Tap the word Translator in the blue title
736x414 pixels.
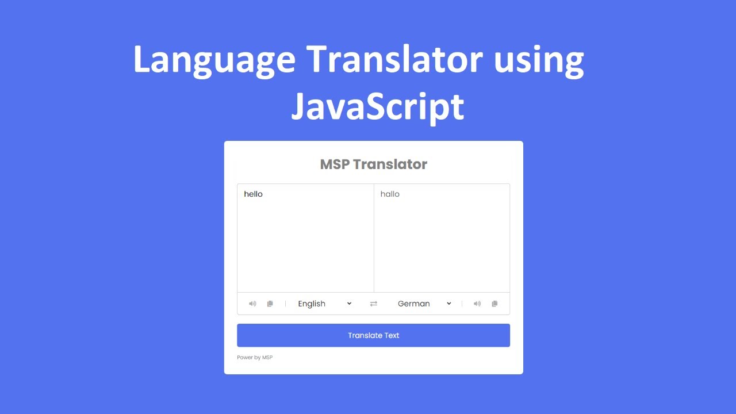pos(394,59)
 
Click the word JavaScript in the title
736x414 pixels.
pos(377,107)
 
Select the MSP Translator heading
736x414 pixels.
pos(373,164)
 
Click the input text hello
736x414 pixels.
pos(253,194)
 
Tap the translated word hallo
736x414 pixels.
pos(390,194)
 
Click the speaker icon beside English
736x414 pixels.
pos(252,304)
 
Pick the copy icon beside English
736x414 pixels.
pos(270,304)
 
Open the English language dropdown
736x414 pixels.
pos(324,304)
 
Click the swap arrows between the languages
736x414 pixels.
pos(374,304)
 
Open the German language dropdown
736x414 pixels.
pos(424,304)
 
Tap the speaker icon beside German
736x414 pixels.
pos(477,304)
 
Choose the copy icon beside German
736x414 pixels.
pos(494,304)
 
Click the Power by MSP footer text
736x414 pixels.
pos(255,358)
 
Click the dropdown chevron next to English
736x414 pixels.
pos(349,304)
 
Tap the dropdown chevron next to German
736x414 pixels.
pos(449,304)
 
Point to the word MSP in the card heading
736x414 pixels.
pos(335,164)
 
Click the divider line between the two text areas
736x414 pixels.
pos(374,238)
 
